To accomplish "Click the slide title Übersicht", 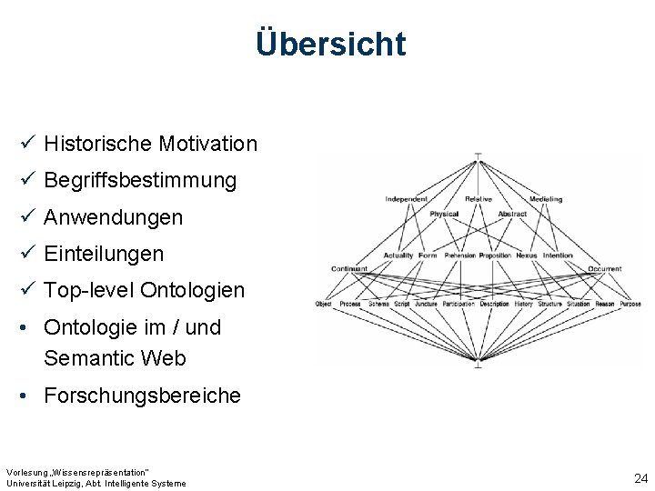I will tap(331, 43).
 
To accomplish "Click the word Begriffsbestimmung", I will tap(140, 180).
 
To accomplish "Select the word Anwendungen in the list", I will tap(113, 217).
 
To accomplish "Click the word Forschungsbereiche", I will tap(142, 396).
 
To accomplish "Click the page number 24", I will tap(640, 478).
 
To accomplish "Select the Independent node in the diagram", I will tap(406, 199).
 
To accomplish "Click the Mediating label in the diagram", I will tap(546, 199).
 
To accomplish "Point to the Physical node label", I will tap(444, 215).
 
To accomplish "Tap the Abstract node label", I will tap(512, 215).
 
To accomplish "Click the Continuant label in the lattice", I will tap(349, 269).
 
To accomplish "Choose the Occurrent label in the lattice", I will tap(605, 269).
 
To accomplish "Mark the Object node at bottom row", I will tap(323, 304).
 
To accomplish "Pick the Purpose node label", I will tap(631, 304).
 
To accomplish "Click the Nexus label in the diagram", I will tap(527, 256).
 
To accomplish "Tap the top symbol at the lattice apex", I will tap(479, 155).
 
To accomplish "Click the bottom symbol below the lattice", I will tap(479, 364).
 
